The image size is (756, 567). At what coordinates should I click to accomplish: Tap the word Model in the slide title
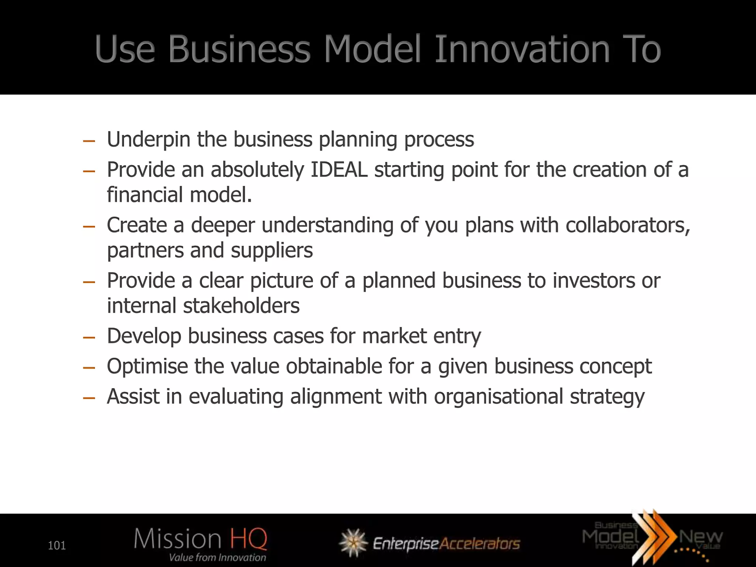(372, 49)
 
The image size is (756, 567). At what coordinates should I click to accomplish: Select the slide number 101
(57, 545)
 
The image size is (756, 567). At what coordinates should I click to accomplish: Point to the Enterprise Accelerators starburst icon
(353, 543)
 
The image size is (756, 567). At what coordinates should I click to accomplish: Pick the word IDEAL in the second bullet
(339, 170)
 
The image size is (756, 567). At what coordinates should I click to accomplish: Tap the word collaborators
(628, 225)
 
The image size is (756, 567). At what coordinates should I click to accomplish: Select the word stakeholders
(241, 306)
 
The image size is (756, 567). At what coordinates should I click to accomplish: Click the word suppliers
(272, 251)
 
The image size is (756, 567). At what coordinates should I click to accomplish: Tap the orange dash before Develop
(89, 337)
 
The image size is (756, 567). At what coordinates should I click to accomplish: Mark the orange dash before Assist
(89, 398)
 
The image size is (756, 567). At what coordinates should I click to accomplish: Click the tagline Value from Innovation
(217, 557)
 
